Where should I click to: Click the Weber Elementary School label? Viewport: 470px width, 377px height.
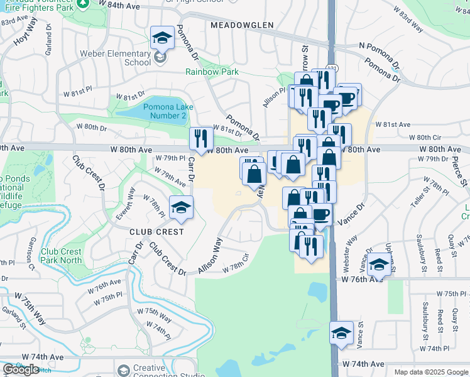129,58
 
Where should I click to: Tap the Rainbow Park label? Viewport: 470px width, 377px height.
212,72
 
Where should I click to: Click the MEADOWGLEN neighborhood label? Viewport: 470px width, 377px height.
243,25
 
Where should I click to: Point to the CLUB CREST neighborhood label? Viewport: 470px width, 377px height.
156,231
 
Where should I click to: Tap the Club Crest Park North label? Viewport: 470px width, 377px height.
62,256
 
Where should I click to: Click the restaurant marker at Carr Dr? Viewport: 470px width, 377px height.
201,138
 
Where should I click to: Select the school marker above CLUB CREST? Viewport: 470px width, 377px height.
180,207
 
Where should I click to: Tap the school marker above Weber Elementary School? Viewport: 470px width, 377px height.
162,38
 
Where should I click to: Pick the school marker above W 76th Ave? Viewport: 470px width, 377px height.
379,264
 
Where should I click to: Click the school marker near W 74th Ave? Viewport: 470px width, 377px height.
341,332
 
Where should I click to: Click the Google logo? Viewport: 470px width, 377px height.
21,369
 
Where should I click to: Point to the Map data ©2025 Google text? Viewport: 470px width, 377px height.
430,372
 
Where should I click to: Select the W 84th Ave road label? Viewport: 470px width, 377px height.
119,5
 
